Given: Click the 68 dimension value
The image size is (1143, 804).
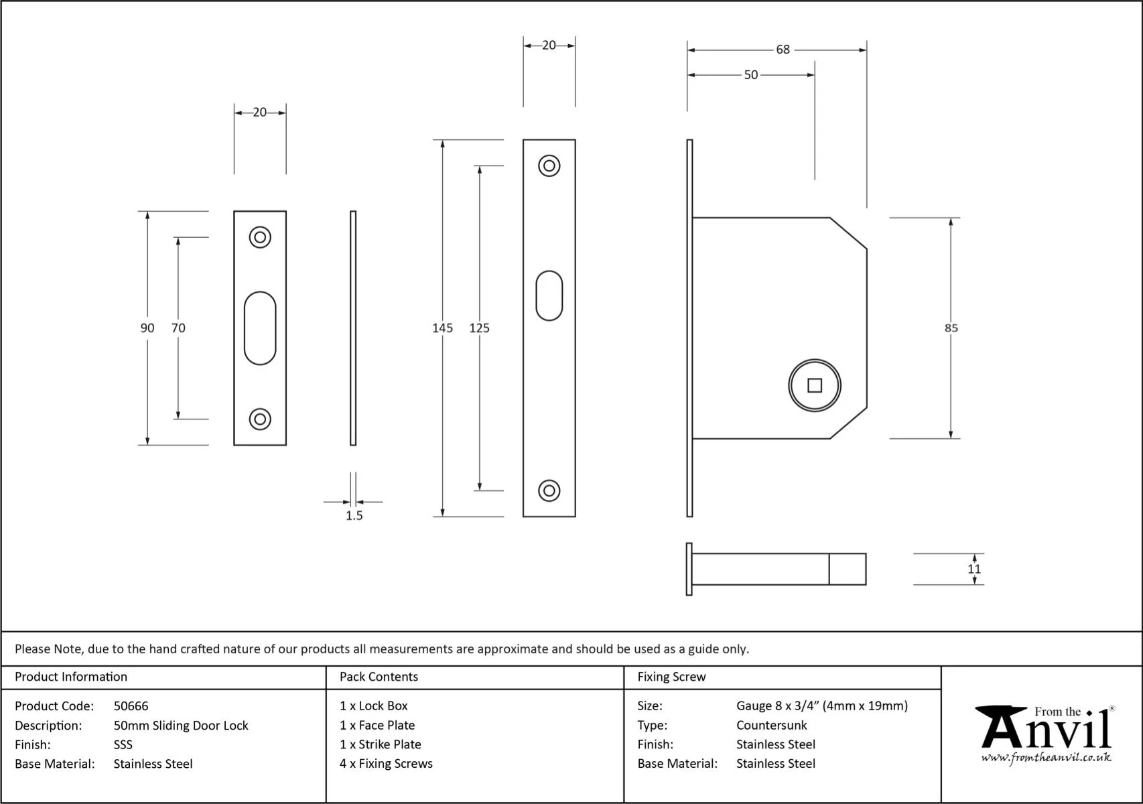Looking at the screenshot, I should click(x=783, y=50).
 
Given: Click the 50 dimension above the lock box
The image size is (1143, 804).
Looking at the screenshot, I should click(x=750, y=75).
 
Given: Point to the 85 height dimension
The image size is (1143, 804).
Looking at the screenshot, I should click(x=951, y=328).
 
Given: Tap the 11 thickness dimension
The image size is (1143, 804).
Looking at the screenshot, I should click(x=973, y=569).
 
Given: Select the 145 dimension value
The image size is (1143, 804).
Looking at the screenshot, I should click(x=442, y=328).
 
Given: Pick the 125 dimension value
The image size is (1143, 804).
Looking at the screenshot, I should click(x=479, y=328).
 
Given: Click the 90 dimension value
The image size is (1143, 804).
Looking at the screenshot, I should click(x=147, y=328).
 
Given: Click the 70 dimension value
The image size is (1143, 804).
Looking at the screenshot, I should click(x=178, y=328).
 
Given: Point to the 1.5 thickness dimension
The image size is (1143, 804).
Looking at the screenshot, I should click(x=354, y=515).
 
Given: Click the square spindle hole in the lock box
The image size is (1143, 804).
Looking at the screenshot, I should click(x=814, y=385).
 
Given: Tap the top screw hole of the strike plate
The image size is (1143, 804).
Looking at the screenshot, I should click(x=260, y=237).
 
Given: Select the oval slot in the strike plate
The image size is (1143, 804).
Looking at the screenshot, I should click(x=260, y=328).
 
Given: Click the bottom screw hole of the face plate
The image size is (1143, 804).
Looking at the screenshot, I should click(x=549, y=490).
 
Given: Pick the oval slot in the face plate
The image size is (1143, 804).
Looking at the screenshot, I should click(x=549, y=295).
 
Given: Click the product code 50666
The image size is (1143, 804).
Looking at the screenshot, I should click(x=131, y=706).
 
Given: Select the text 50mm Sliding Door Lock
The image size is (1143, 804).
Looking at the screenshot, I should click(x=181, y=725).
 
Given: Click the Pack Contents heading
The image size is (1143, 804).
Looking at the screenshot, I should click(x=379, y=677).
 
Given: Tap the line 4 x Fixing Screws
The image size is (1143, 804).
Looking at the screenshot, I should click(x=386, y=763).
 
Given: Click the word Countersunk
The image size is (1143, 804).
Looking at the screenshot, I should click(x=771, y=725).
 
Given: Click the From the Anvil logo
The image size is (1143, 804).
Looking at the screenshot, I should click(x=1045, y=734).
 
